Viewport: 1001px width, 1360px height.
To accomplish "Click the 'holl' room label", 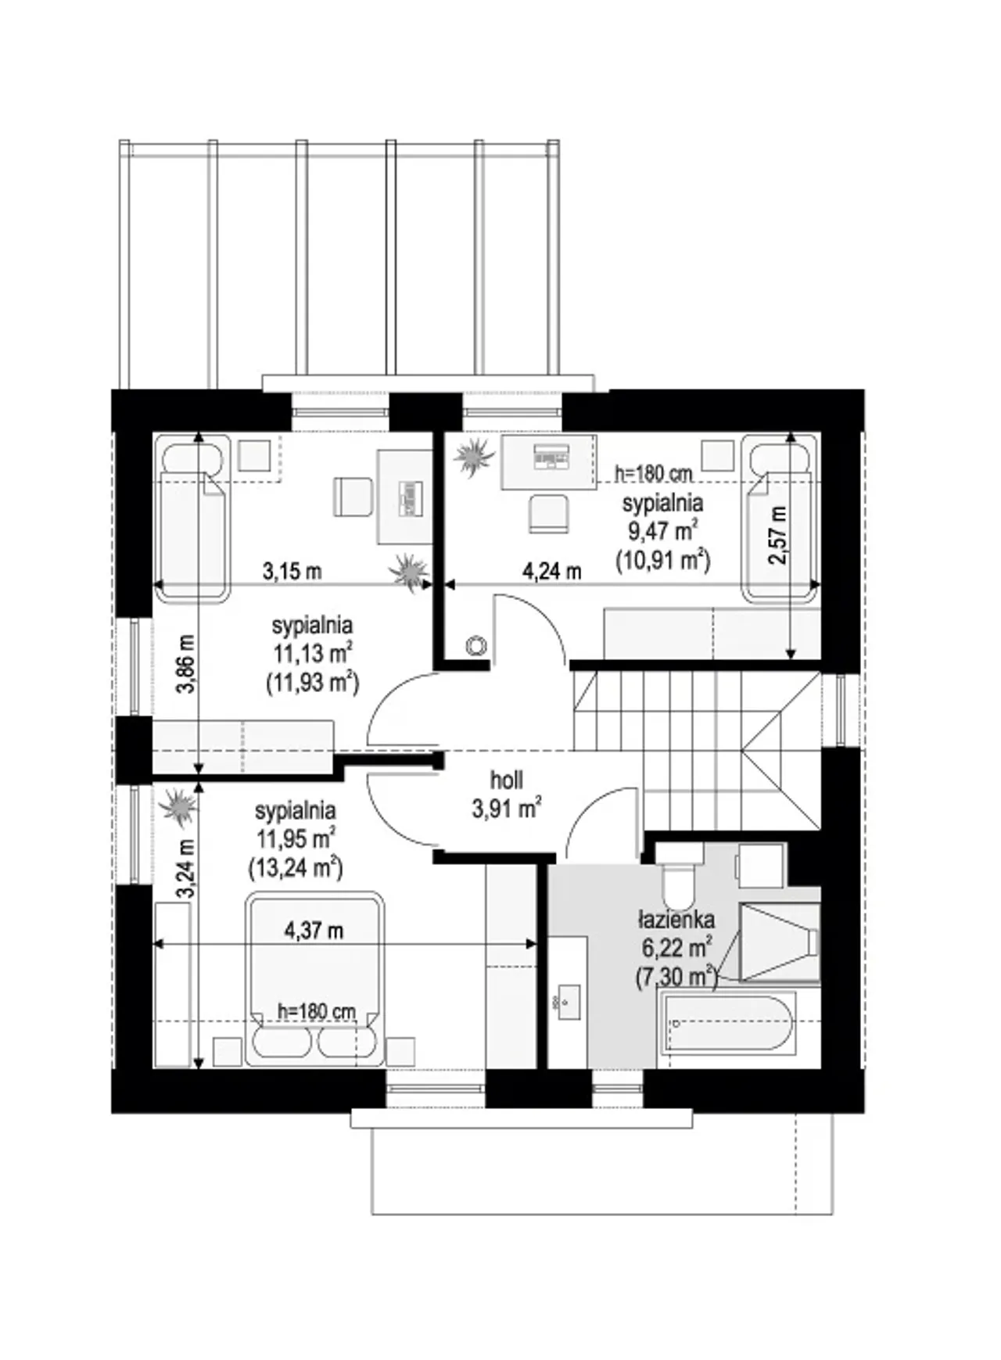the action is coord(507,780).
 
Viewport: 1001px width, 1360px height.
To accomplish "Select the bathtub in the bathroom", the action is coord(727,1024).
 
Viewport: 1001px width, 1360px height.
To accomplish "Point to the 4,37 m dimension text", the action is coord(314,930).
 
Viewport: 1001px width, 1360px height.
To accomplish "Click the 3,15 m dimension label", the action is coord(292,571).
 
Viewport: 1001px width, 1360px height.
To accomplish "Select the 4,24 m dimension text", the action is coord(551,571).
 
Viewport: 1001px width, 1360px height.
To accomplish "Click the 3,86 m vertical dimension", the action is coord(186,664).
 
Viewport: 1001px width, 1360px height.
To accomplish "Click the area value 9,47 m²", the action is coord(662,531).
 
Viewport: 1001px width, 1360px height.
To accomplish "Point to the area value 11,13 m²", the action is coord(312,654).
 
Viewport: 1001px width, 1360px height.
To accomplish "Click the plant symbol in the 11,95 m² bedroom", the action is coord(178,806).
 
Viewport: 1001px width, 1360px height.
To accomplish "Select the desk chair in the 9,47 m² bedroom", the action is coord(547,513).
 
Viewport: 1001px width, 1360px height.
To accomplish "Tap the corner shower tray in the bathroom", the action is coord(778,942).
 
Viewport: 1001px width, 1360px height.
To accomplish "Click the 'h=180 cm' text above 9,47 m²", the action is coord(654,472).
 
